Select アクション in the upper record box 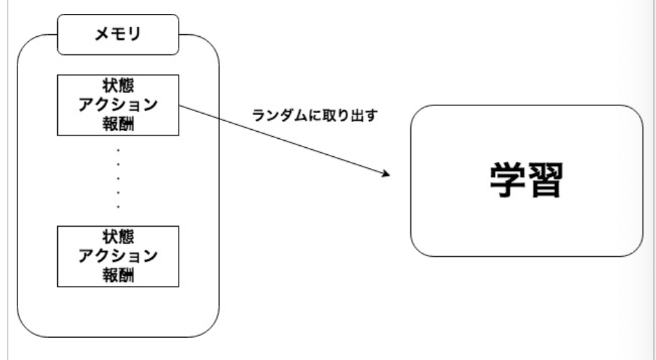coord(117,106)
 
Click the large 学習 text coord(525,181)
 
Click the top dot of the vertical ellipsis coord(118,150)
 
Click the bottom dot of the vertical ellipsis coord(118,207)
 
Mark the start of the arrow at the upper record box coord(179,107)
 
